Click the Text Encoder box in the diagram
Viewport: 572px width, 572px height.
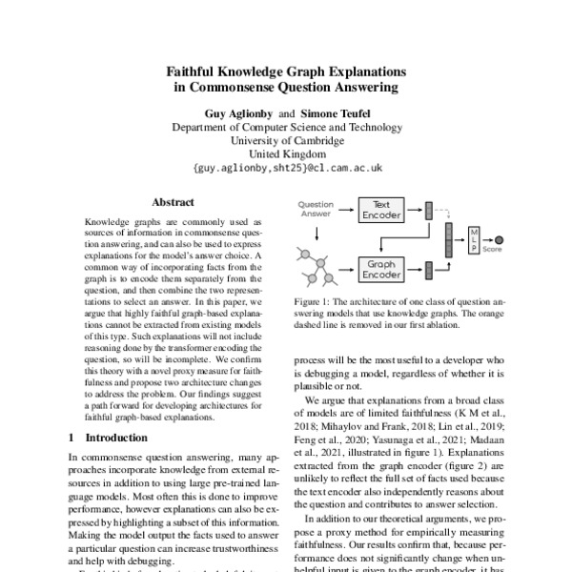click(381, 210)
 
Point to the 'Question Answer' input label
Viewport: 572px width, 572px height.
click(316, 210)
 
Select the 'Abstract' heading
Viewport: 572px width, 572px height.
click(173, 202)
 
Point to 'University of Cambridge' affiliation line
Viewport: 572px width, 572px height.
click(286, 139)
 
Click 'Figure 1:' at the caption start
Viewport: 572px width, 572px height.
click(314, 302)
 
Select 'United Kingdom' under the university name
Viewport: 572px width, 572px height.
click(286, 153)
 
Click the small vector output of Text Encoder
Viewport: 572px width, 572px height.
click(427, 210)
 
